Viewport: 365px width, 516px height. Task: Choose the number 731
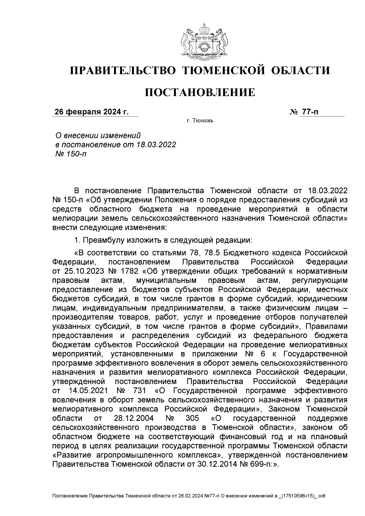[x=140, y=390]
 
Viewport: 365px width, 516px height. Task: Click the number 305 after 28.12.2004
[x=192, y=418]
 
